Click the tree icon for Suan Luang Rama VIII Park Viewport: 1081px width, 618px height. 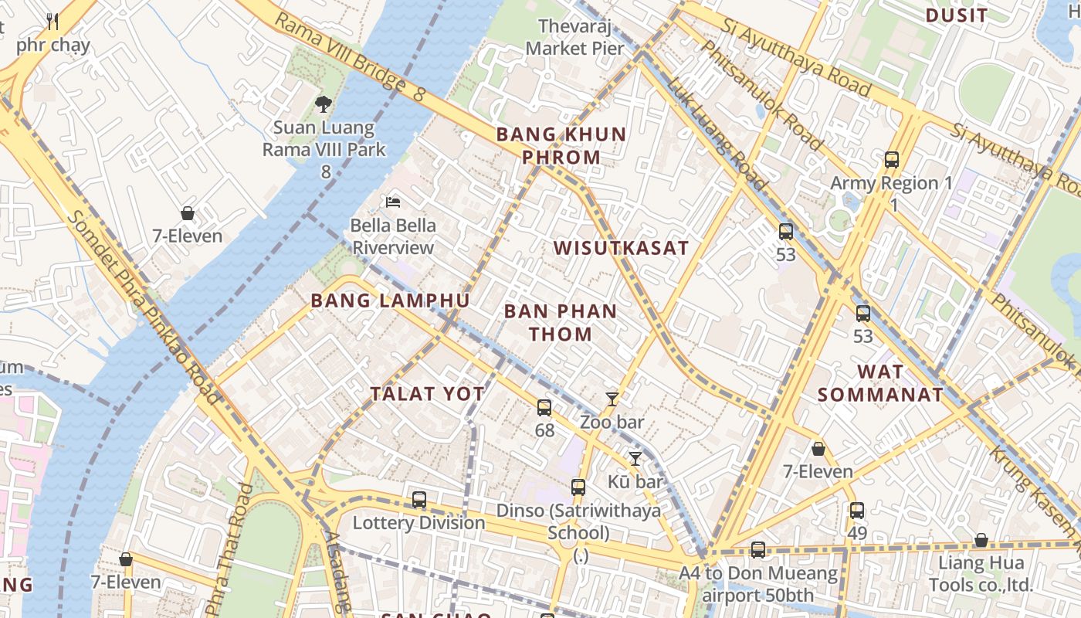(x=324, y=104)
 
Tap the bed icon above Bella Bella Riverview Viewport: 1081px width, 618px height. (x=393, y=202)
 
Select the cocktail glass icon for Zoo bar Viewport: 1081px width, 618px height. (x=612, y=399)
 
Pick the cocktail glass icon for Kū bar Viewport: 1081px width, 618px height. (x=635, y=459)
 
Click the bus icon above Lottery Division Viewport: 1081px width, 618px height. (x=419, y=500)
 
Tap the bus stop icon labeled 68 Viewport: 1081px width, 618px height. (x=544, y=408)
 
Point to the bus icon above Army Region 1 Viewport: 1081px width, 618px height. (x=892, y=160)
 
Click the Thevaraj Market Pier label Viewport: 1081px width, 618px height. (x=574, y=37)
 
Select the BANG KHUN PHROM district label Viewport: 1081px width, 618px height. (x=561, y=145)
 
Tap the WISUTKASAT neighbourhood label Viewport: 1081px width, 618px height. (x=621, y=248)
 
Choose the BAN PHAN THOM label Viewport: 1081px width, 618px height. (x=561, y=323)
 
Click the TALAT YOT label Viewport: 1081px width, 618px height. (x=427, y=394)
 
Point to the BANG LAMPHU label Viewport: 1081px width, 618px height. (x=390, y=301)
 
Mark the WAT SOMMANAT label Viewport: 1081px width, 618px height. (x=880, y=382)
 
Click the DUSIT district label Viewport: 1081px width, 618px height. (x=956, y=15)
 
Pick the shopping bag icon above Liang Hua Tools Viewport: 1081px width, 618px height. (x=981, y=540)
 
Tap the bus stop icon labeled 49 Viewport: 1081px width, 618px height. (x=857, y=511)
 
